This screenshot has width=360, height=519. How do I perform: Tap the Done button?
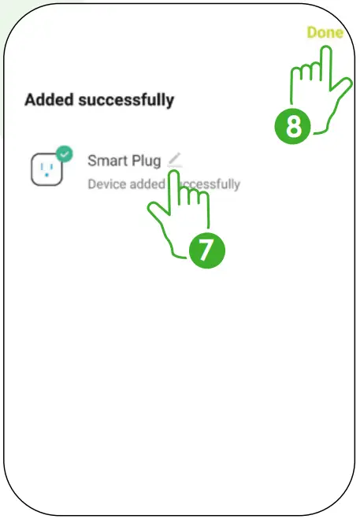pos(325,33)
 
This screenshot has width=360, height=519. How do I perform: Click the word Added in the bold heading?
pos(47,100)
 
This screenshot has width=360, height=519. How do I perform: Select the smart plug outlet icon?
pos(46,169)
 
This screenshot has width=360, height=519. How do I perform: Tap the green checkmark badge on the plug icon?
pos(64,154)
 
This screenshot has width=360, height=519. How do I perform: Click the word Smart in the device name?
pos(107,161)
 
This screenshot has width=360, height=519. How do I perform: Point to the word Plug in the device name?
pos(146,161)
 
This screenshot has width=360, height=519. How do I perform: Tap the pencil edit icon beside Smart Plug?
pos(174,160)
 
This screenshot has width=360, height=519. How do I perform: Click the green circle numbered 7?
pos(206,249)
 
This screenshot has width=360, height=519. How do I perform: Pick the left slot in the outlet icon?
pos(40,166)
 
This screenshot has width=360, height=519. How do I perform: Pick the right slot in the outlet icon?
pos(51,166)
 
